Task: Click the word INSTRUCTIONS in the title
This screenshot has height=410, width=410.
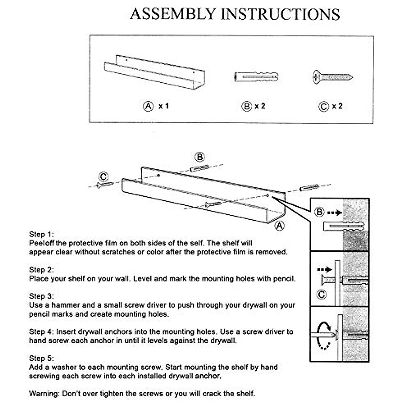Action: pos(280,14)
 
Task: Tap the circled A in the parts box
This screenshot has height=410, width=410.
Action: pos(148,106)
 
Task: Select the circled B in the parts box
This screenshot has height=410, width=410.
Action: pos(246,106)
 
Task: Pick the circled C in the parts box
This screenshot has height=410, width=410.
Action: pos(324,107)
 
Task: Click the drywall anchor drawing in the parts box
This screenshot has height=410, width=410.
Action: pos(256,77)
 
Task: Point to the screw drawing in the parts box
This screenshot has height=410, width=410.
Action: pos(332,77)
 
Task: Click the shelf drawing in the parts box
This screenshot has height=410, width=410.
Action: pos(154,72)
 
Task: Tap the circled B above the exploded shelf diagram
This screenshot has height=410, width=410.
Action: pos(200,157)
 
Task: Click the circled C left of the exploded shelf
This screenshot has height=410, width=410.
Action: pos(104,177)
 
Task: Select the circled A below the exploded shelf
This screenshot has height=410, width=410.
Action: pos(279,226)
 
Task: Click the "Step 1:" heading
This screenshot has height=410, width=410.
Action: pos(41,234)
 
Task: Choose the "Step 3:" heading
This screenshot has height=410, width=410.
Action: pos(41,296)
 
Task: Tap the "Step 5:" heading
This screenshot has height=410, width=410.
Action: pos(41,358)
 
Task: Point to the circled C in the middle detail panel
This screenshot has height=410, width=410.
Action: pos(322,294)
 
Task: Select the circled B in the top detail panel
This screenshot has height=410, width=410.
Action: pos(319,212)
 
